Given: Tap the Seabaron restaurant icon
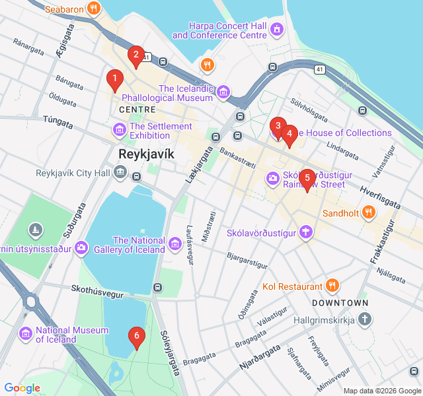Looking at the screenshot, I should click(x=95, y=9).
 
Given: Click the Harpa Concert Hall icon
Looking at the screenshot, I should click(x=276, y=29).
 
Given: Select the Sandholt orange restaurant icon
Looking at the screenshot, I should click(x=369, y=213).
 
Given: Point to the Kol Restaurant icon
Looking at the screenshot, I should click(x=332, y=286).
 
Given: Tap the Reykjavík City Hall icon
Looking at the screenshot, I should click(x=120, y=173).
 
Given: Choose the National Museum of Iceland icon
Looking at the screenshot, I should click(x=26, y=334).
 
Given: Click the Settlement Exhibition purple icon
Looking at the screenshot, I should click(x=120, y=129).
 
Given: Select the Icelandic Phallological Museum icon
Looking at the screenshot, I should click(x=223, y=92).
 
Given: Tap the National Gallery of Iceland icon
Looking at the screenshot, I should click(x=175, y=244).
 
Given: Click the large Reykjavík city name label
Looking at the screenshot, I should click(x=145, y=153).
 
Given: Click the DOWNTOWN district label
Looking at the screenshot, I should click(x=340, y=302).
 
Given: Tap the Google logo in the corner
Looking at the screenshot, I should click(x=22, y=388).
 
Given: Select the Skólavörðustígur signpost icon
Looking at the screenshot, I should click(x=305, y=232).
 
